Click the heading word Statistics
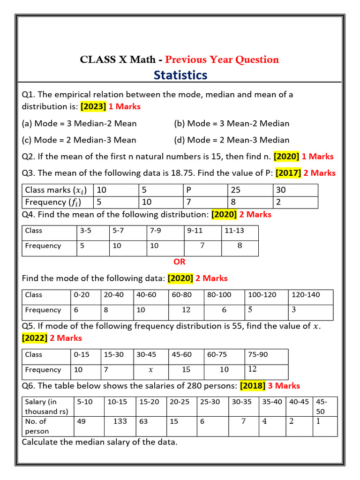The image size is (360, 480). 180,75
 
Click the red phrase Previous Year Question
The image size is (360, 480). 222,60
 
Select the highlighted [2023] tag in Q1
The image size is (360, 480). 94,106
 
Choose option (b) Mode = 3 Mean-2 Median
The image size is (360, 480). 232,124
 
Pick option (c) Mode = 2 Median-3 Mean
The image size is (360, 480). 79,140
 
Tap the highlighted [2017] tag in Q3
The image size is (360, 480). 288,173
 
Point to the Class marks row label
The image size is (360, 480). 56,190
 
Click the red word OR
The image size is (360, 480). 180,262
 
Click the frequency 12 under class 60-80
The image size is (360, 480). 186,310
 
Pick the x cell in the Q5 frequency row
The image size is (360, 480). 150,370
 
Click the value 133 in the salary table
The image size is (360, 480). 120,421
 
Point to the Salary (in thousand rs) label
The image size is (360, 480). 47,406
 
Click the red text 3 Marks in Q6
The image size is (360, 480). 284,386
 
